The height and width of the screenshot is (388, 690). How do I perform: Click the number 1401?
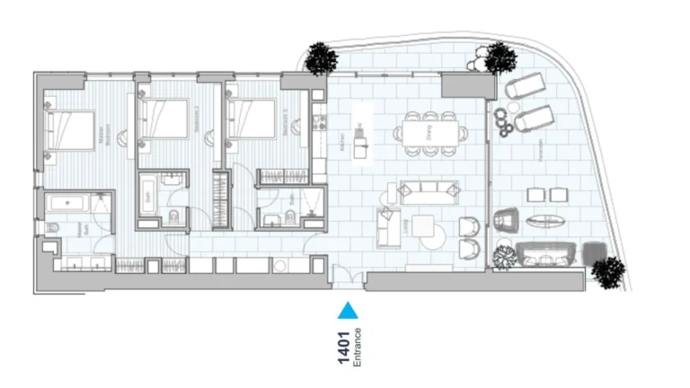pos(343,348)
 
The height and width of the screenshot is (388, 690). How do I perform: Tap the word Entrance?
pos(358,348)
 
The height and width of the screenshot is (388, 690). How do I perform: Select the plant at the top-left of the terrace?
pos(321,58)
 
